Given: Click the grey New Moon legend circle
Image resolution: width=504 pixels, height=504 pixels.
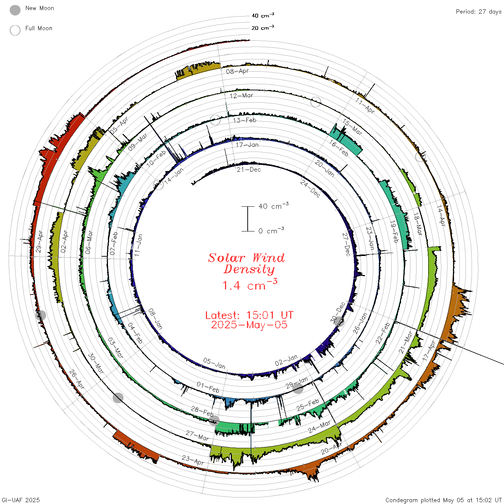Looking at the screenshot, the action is (x=15, y=10).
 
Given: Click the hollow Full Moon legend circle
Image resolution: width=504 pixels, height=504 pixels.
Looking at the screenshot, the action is (x=15, y=30).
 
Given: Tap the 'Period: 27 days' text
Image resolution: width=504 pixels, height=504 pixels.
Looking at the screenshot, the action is (x=479, y=12).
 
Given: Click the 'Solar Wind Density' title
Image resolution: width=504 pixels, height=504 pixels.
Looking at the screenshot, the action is (x=246, y=264).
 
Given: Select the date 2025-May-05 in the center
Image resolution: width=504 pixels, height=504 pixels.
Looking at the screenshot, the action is (x=249, y=325).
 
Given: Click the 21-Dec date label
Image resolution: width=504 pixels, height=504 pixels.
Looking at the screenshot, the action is (x=249, y=170).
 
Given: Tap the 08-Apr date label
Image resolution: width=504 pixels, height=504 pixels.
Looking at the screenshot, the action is (x=237, y=71).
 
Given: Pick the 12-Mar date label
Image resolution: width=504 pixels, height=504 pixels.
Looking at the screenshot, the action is (x=241, y=95).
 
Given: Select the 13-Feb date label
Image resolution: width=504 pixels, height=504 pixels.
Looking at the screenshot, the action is (x=244, y=120).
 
